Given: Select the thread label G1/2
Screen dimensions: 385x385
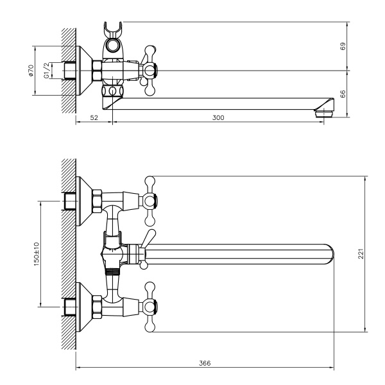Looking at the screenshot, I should pos(46,71).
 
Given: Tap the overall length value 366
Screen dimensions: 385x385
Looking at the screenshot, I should pos(205,363).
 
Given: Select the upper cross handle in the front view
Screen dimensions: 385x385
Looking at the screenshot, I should pos(151,200).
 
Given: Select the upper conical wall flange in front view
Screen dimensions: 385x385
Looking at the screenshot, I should pos(83,201).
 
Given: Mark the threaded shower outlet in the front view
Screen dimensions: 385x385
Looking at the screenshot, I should pos(112,270).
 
